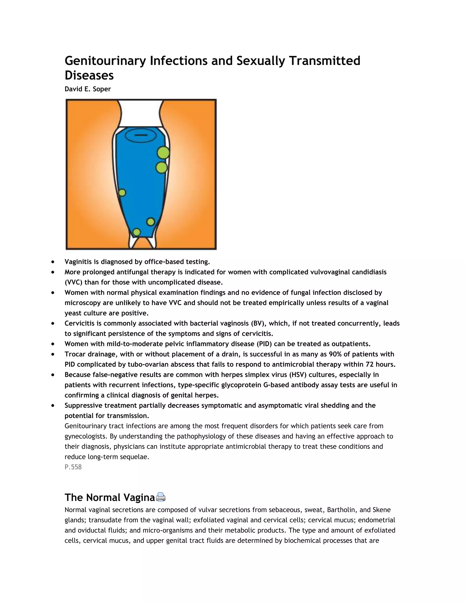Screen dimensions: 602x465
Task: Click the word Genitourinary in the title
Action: pyautogui.click(x=105, y=61)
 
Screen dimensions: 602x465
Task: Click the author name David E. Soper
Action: pyautogui.click(x=88, y=89)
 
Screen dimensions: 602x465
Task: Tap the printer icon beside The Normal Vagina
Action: pyautogui.click(x=161, y=497)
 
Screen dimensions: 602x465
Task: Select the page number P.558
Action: pyautogui.click(x=73, y=467)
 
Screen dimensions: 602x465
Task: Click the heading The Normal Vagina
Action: pyautogui.click(x=110, y=497)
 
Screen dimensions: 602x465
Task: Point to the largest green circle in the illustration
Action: pyautogui.click(x=163, y=153)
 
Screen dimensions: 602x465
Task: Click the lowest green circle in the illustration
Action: pyautogui.click(x=137, y=232)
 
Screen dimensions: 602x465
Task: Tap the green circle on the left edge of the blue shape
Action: pyautogui.click(x=122, y=193)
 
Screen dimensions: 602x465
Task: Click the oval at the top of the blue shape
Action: pyautogui.click(x=141, y=135)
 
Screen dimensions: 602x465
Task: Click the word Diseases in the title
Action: pyautogui.click(x=89, y=75)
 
